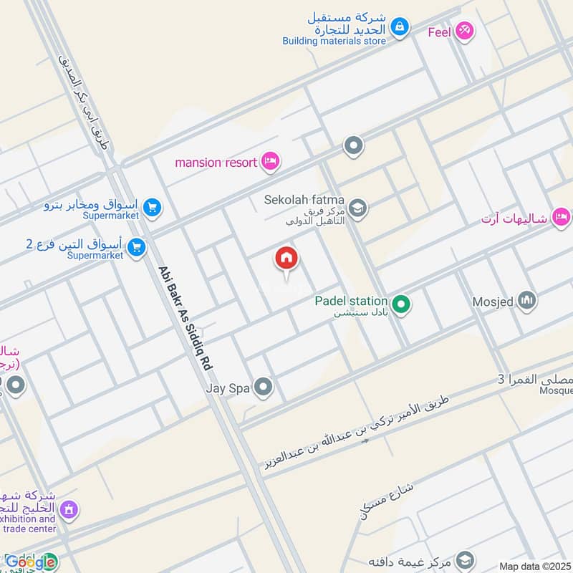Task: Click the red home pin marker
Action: [286, 259]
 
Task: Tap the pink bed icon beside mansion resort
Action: [270, 161]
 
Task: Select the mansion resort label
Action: [216, 163]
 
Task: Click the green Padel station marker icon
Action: [401, 306]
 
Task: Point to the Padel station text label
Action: [351, 302]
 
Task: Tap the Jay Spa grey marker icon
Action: [264, 388]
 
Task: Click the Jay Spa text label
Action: [227, 389]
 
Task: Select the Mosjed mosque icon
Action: [527, 301]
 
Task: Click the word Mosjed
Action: [493, 302]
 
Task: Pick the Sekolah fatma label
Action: [304, 200]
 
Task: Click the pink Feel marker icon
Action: [464, 31]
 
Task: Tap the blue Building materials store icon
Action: [400, 28]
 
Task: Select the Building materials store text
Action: [334, 41]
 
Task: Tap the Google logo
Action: [31, 562]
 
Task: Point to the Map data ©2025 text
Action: [534, 566]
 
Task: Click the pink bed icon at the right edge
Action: [562, 216]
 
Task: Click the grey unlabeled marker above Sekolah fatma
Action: [353, 147]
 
